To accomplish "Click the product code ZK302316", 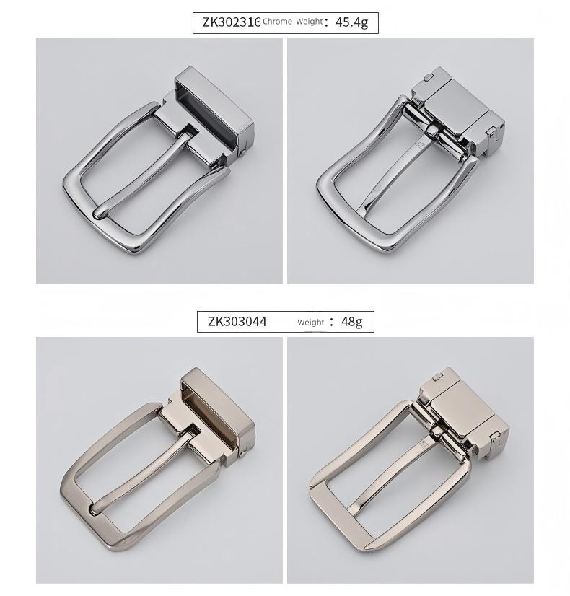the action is [x=231, y=22].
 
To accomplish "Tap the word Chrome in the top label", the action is [x=277, y=22].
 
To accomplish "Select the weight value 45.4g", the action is [x=352, y=22].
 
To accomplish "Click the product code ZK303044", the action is [x=237, y=322].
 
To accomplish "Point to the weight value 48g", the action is [x=351, y=322].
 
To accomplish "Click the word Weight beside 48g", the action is [x=311, y=323].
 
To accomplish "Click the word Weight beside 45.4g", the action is [x=309, y=22].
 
